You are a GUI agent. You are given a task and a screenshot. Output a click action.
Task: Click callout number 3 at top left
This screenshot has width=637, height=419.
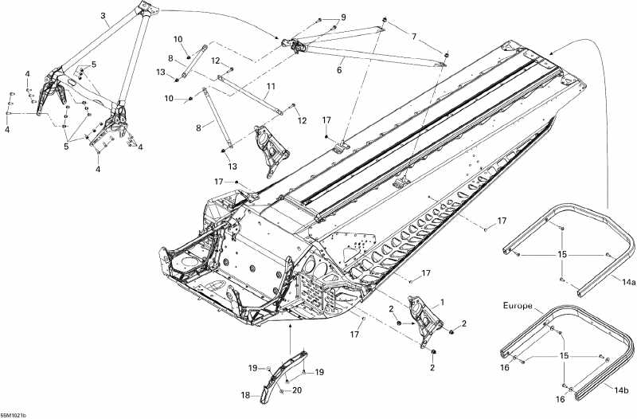pyautogui.click(x=104, y=15)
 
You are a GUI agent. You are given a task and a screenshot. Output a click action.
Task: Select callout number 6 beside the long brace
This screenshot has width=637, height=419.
pyautogui.click(x=339, y=70)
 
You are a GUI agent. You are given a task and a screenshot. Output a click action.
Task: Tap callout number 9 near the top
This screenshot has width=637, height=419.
pyautogui.click(x=343, y=18)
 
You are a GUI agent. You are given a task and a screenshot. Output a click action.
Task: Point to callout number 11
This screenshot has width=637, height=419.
pyautogui.click(x=271, y=86)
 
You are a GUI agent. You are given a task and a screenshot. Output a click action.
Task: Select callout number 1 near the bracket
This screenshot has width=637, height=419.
pyautogui.click(x=443, y=302)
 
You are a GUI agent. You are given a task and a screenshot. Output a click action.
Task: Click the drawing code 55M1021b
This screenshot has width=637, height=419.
pyautogui.click(x=14, y=414)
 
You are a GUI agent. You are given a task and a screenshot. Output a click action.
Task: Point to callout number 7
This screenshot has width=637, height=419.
pyautogui.click(x=413, y=37)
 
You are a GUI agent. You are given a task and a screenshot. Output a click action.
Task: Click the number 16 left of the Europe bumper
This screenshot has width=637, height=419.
pyautogui.click(x=503, y=368)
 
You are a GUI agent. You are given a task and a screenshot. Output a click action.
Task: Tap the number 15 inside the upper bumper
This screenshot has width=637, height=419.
pyautogui.click(x=563, y=254)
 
